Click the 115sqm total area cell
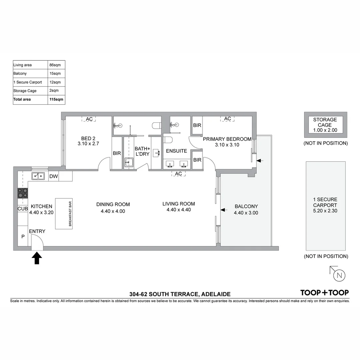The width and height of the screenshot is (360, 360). pos(56,99)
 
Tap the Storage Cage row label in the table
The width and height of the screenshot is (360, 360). pos(25,91)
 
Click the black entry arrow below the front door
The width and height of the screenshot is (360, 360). pos(37,258)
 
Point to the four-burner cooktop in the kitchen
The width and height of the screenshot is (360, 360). pos(23,193)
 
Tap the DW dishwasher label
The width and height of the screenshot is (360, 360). pos(53,177)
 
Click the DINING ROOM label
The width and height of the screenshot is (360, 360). pos(113,204)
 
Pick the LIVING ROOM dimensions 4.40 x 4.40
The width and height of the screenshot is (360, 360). pos(179,210)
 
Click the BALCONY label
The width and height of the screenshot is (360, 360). pos(246,206)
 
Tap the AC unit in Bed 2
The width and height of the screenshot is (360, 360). pos(89,119)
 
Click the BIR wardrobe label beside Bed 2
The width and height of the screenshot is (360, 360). pos(117,153)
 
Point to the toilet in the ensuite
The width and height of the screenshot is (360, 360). pos(167,139)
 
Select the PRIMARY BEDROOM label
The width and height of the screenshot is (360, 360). pos(227,139)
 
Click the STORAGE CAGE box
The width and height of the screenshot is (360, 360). pos(325,125)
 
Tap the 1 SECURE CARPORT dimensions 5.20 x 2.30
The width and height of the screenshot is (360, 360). pos(325,211)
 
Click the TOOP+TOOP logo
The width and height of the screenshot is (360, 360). pos(324,293)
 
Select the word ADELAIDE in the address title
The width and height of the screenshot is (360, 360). pos(216,294)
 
